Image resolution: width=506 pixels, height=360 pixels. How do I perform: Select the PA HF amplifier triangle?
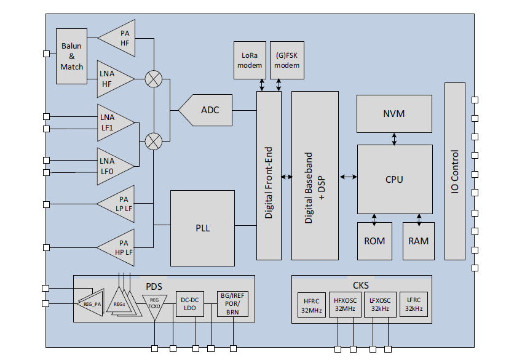coord(119,38)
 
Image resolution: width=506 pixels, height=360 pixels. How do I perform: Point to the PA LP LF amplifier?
coord(120,204)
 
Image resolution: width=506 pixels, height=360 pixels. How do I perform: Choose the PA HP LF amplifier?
coord(120,247)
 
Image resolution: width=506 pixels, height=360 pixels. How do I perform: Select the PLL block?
coord(202,228)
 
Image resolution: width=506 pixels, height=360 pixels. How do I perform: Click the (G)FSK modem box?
coord(287,60)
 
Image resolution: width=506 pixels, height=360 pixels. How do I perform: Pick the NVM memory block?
coord(393,114)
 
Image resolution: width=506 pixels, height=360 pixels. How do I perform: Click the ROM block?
coord(374,241)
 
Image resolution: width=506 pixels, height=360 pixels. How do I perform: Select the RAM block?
coord(419,241)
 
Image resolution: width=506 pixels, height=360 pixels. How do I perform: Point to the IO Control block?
coord(454,172)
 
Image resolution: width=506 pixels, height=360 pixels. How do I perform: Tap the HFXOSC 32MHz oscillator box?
coord(344,305)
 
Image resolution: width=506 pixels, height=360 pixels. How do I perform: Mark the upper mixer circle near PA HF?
coord(153,79)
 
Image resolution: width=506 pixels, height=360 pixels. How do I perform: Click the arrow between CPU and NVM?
coord(394,139)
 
